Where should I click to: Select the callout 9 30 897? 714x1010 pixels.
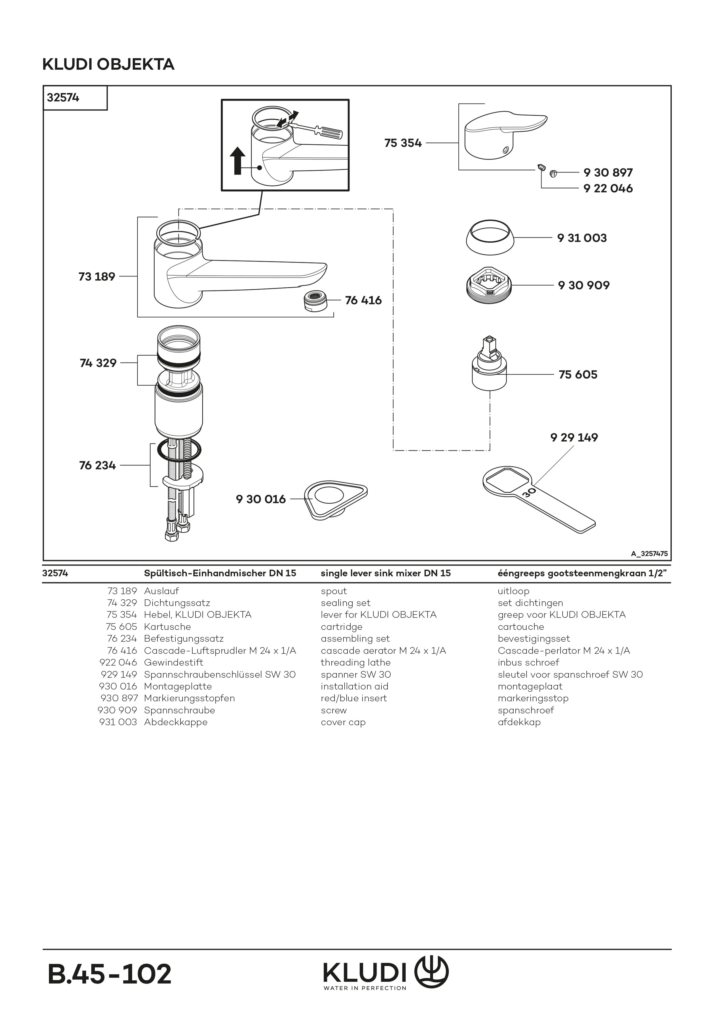(608, 172)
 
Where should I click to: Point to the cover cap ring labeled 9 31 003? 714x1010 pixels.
(490, 238)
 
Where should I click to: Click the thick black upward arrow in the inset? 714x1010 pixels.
(238, 161)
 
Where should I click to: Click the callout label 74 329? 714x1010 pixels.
(98, 363)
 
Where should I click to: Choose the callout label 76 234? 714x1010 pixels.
(97, 465)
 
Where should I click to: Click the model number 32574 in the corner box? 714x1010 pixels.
(63, 98)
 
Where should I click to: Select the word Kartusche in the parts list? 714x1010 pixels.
(167, 626)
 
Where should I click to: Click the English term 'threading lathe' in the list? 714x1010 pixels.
(356, 662)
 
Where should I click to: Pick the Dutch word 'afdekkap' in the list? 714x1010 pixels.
(519, 722)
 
